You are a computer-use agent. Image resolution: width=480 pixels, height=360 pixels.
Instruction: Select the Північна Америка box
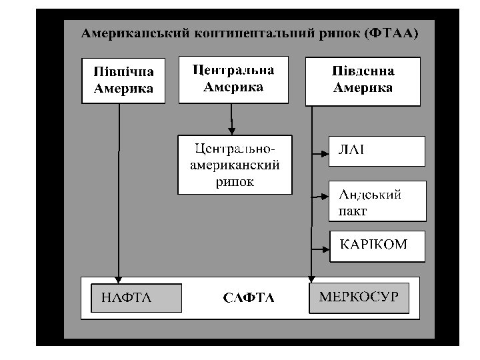click(x=123, y=81)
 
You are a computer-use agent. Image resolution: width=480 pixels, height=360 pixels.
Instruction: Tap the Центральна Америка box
click(x=233, y=79)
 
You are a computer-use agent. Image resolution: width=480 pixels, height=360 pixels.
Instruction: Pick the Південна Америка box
click(x=363, y=81)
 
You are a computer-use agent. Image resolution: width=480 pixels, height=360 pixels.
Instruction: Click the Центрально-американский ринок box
click(x=235, y=164)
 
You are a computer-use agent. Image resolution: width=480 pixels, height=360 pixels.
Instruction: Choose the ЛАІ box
click(x=377, y=151)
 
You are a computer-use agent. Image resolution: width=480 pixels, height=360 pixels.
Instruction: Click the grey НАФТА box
click(x=136, y=297)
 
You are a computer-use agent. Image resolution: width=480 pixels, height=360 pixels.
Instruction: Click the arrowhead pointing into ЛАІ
click(x=325, y=152)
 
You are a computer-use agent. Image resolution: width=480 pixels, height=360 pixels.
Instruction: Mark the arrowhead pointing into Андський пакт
click(x=325, y=196)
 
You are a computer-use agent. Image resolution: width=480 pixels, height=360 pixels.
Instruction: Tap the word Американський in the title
click(x=127, y=32)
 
